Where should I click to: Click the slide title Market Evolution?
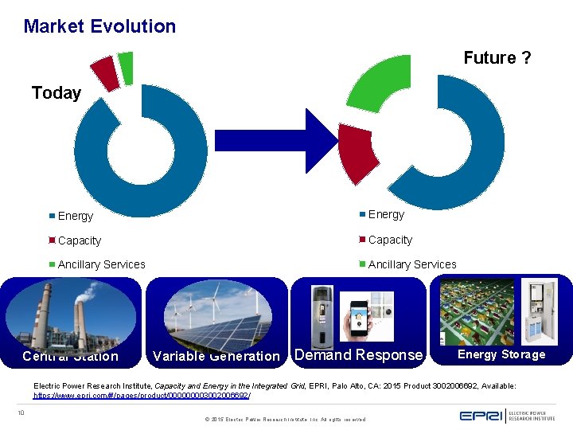[x=99, y=26]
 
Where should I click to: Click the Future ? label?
[x=497, y=58]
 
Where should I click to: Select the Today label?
[x=56, y=93]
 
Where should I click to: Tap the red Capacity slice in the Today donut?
[x=105, y=72]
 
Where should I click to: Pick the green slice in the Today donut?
[x=126, y=68]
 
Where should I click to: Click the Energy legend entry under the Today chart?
[x=75, y=217]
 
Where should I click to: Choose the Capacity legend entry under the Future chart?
[x=389, y=240]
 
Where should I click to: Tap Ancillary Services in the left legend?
[x=101, y=264]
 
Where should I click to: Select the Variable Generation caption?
[x=216, y=356]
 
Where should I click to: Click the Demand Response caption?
[x=358, y=355]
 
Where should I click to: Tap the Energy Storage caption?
[x=501, y=354]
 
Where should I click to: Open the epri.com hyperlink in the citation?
[x=142, y=395]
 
